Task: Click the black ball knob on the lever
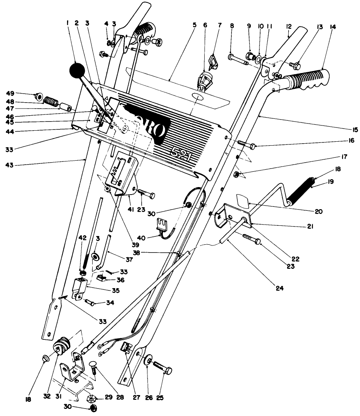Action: click(78, 71)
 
